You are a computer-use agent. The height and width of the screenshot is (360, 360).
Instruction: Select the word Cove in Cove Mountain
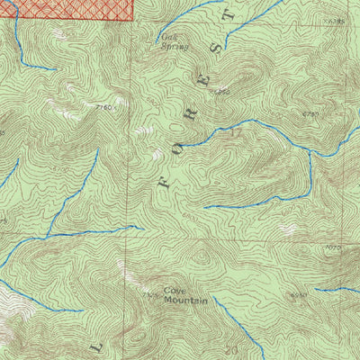pos(174,292)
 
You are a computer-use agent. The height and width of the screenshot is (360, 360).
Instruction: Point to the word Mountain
pos(184,301)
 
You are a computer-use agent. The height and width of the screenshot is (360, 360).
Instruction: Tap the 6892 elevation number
pos(222,91)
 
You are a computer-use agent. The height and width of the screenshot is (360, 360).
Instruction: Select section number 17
pos(237,132)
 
